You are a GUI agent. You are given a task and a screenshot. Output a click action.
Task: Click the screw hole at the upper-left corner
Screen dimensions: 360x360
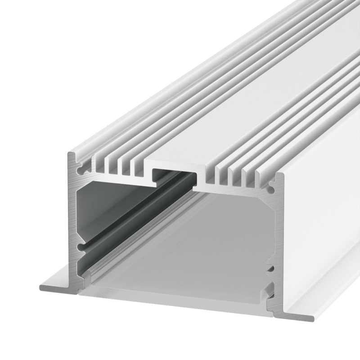click(x=81, y=171)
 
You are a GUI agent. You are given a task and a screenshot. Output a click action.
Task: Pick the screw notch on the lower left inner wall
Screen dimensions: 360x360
click(x=81, y=247)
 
